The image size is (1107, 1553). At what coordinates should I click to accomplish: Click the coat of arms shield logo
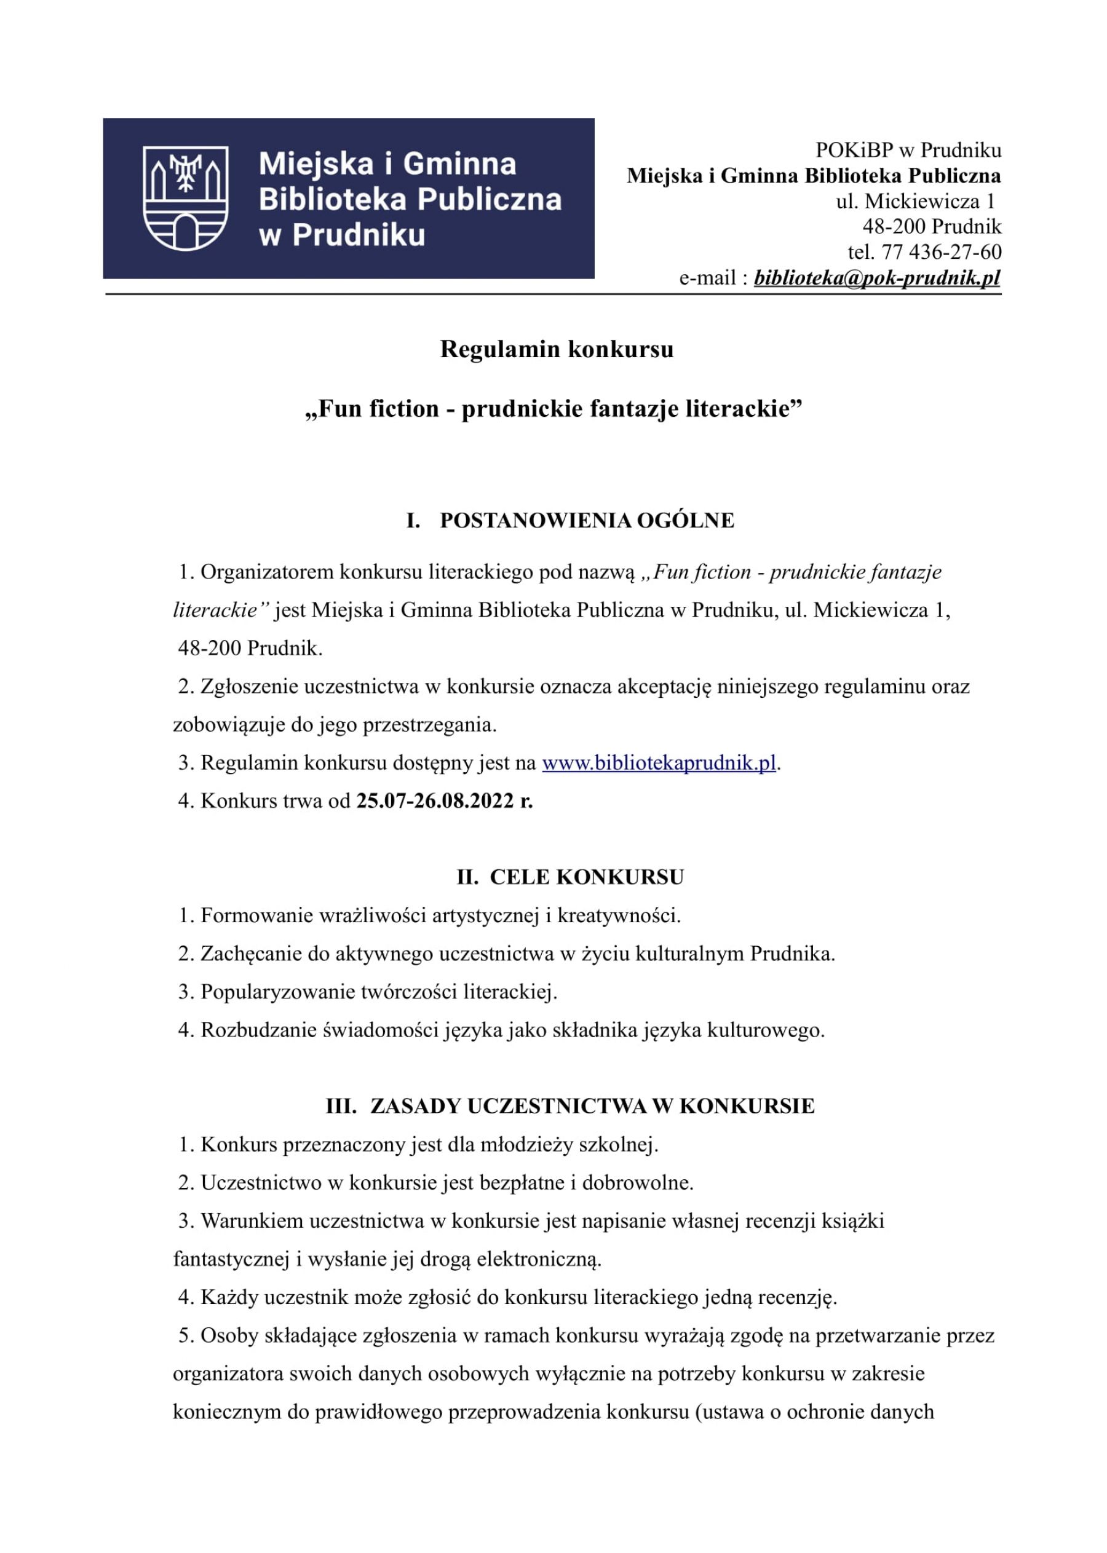(x=185, y=199)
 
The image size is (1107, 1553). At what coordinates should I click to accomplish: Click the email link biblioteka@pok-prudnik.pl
(x=876, y=278)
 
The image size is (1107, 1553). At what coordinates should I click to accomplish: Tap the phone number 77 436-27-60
(x=942, y=252)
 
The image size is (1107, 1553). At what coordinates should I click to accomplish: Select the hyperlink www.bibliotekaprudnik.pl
(x=659, y=762)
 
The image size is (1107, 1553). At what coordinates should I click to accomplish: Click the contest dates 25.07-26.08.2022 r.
(x=445, y=800)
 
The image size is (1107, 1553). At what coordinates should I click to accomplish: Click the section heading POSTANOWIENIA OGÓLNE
(x=587, y=520)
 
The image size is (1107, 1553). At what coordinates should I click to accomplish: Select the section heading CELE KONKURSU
(x=586, y=877)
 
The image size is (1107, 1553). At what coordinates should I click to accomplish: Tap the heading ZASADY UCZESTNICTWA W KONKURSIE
(x=592, y=1106)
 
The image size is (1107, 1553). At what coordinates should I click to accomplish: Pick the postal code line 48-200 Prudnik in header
(x=932, y=226)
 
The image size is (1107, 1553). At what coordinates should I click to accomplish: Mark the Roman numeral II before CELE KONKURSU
(x=467, y=877)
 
